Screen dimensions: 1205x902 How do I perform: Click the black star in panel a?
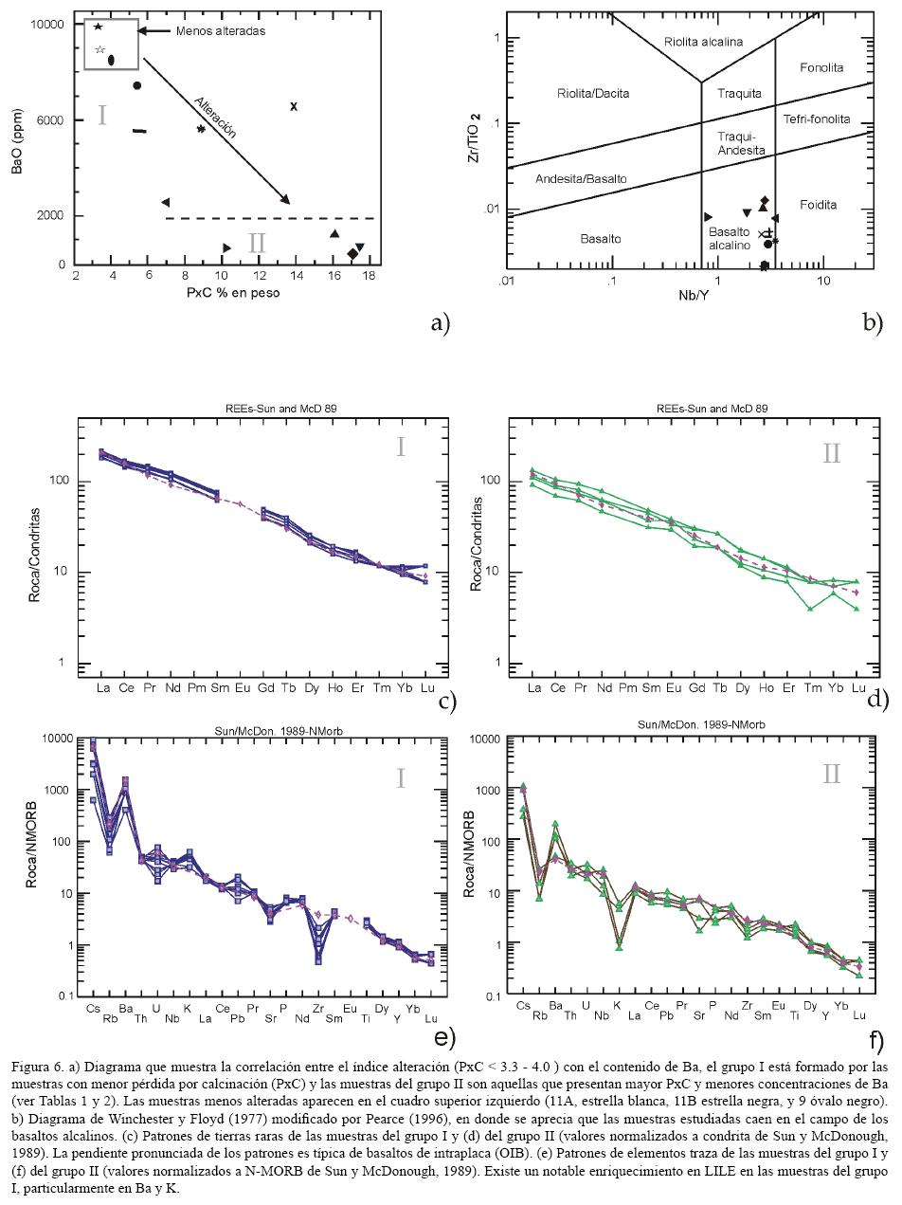(x=99, y=27)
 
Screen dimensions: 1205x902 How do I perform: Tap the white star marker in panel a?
(x=99, y=49)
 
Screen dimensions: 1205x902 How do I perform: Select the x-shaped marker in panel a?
(x=294, y=106)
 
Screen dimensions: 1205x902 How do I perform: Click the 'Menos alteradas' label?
(x=221, y=31)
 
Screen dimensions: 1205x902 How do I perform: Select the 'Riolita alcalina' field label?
(x=703, y=42)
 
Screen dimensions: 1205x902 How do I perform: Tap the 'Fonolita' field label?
(x=821, y=67)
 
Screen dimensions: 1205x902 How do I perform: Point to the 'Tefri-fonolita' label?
(x=817, y=119)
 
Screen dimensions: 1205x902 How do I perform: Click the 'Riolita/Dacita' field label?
(x=593, y=93)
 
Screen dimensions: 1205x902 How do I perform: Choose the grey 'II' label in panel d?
(x=831, y=452)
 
